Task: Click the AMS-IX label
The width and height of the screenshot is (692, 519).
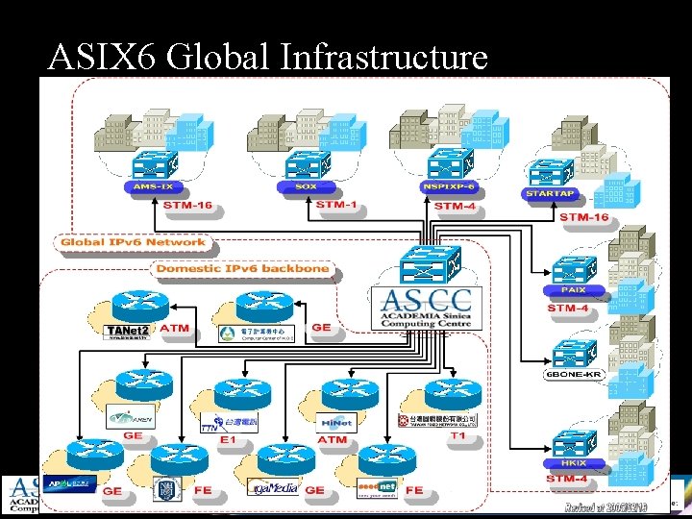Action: [154, 187]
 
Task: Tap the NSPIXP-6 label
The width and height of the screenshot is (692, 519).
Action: [447, 186]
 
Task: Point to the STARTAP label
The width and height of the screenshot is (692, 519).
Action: [551, 193]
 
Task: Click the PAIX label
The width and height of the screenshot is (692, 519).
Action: [572, 289]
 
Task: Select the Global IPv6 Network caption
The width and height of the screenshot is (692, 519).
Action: [133, 242]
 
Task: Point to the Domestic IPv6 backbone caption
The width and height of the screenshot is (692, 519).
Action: [243, 268]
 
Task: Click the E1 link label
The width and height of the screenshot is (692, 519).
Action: [228, 439]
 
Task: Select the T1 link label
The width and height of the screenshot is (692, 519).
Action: [457, 436]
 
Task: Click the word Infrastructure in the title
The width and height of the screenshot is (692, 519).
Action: [384, 58]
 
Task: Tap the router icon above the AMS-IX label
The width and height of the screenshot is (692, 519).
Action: [155, 162]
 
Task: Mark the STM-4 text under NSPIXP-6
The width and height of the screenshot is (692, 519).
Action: [454, 206]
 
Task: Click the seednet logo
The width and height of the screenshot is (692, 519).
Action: [377, 487]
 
